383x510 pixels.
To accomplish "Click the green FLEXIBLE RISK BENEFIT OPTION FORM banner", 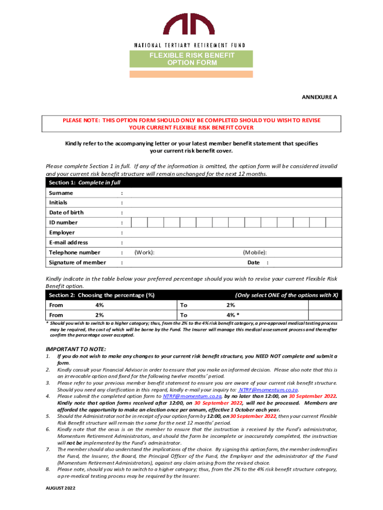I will [191, 59].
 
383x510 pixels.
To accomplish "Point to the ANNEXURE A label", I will [319, 97].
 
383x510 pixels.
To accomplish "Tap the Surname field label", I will [61, 193].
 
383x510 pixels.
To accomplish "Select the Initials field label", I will [58, 203].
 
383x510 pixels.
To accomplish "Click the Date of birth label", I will [66, 213].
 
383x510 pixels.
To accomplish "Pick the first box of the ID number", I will [139, 223].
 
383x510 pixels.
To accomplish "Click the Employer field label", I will [62, 233].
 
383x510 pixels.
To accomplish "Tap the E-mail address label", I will [68, 243].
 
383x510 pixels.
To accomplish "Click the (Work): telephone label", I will [144, 253].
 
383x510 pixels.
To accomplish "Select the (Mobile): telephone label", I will [255, 253].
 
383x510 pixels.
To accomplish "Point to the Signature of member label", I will [77, 262].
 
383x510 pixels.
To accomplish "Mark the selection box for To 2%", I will [325, 305].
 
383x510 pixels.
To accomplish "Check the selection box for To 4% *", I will [325, 315].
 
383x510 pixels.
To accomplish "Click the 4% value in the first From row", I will [99, 305].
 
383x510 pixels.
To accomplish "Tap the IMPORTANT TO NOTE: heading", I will [76, 349].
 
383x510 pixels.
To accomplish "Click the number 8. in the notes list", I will [48, 469].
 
